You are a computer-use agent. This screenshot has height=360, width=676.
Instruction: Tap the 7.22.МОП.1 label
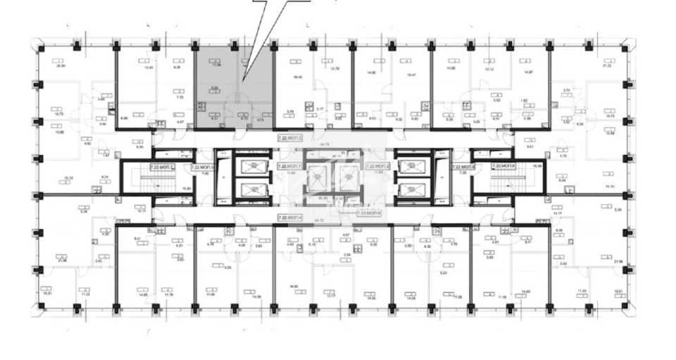click(x=289, y=166)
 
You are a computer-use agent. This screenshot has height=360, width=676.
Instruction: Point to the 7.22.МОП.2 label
click(x=380, y=166)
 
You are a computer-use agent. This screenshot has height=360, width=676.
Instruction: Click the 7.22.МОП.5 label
click(x=204, y=166)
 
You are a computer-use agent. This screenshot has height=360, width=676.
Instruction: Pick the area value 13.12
click(x=489, y=70)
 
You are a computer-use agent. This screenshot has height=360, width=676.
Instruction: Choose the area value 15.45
click(x=149, y=68)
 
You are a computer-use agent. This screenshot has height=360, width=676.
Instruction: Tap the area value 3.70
click(x=566, y=90)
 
